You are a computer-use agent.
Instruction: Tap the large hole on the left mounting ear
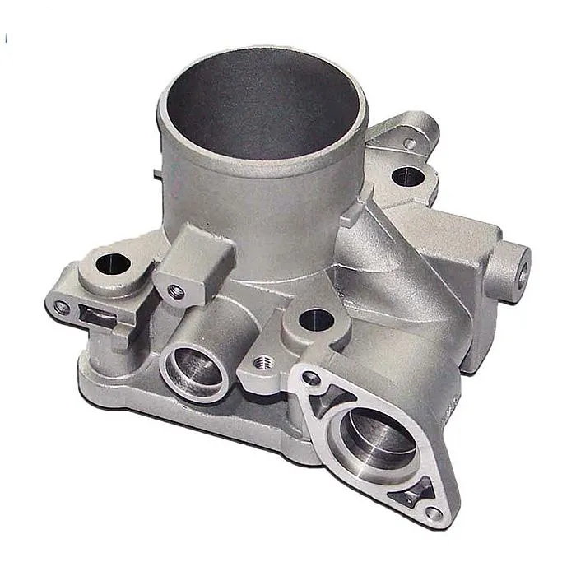[113, 264]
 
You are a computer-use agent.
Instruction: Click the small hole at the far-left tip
[61, 308]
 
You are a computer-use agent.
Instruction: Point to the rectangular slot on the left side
[94, 314]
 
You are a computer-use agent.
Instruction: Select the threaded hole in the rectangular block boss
[175, 290]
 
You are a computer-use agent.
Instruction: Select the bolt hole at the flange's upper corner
[311, 379]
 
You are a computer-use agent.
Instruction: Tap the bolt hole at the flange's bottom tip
[434, 513]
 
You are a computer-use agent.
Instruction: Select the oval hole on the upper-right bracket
[406, 174]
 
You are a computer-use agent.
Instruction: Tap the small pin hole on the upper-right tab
[409, 143]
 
